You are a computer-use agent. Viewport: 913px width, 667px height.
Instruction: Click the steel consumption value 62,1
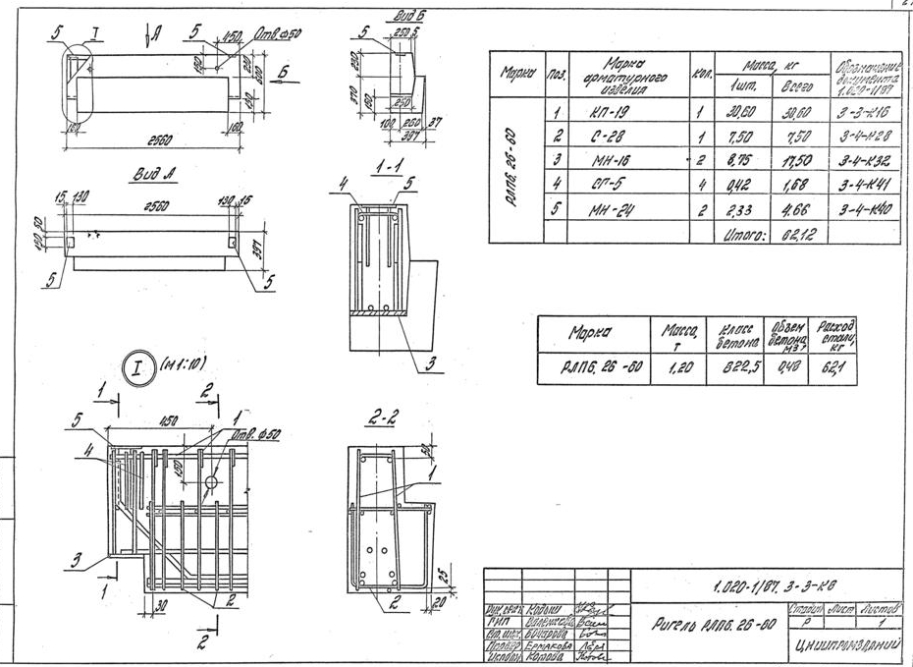pos(835,367)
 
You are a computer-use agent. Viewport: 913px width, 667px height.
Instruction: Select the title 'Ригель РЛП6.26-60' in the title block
pos(705,624)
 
